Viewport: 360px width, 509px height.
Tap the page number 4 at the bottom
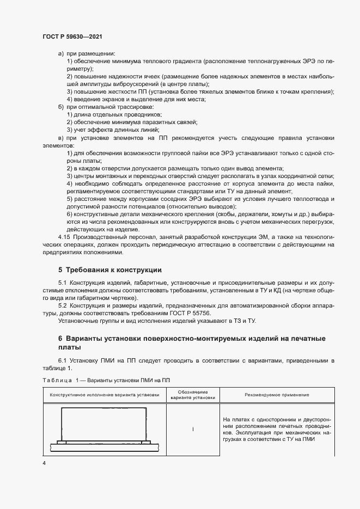point(44,463)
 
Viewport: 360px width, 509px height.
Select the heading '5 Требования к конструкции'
point(109,270)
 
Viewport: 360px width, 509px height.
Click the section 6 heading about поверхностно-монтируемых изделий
point(196,342)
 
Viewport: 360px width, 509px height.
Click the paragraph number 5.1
point(62,284)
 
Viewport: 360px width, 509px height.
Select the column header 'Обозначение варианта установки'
point(193,395)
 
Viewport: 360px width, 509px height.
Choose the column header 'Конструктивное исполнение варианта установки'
point(105,395)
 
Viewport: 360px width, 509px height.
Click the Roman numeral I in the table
point(193,430)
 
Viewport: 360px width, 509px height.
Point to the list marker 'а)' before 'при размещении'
point(60,54)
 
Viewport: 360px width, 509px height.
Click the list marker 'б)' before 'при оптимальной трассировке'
point(60,107)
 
